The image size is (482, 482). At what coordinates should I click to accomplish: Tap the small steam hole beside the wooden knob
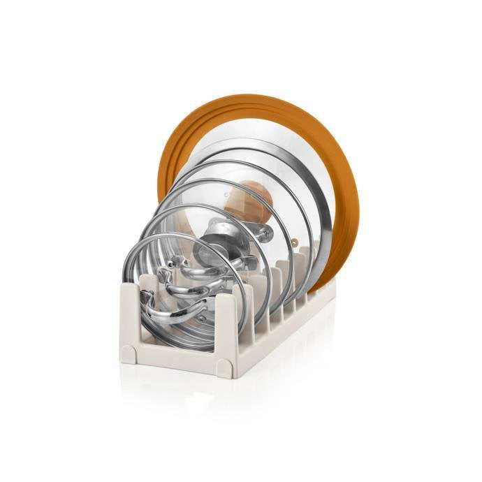294,243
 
